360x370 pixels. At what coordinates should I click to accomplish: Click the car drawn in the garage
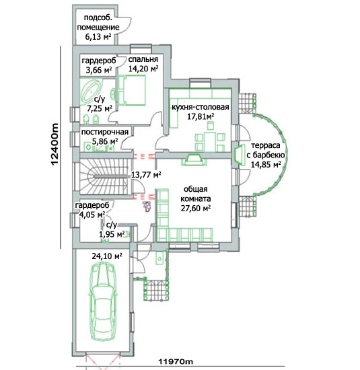click(x=103, y=301)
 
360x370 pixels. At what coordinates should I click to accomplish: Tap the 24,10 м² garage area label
click(x=107, y=256)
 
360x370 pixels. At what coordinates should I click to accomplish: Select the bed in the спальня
click(x=131, y=90)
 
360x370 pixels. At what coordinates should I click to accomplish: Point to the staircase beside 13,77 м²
click(x=104, y=176)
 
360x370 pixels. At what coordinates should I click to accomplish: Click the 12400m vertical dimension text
click(x=55, y=145)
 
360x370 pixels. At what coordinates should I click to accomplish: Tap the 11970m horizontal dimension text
click(x=176, y=361)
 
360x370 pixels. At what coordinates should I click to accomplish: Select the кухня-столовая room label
click(x=200, y=107)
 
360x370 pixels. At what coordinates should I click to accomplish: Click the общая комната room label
click(x=196, y=194)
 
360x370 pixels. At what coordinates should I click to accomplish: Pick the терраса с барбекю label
click(x=266, y=150)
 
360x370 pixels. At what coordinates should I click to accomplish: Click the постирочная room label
click(x=105, y=132)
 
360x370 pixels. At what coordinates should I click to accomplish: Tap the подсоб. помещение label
click(x=98, y=22)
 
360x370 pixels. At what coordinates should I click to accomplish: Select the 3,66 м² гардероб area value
click(x=99, y=70)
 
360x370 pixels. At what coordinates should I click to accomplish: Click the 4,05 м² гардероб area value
click(x=92, y=215)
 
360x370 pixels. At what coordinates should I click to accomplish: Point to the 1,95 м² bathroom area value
click(x=112, y=234)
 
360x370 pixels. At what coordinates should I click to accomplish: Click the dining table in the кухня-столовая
click(x=210, y=141)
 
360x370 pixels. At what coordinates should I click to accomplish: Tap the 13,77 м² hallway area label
click(x=146, y=175)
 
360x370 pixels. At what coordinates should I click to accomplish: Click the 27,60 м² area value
click(x=196, y=209)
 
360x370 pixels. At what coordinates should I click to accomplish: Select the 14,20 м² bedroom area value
click(x=143, y=69)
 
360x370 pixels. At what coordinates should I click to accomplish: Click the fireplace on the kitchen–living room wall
click(x=194, y=159)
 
